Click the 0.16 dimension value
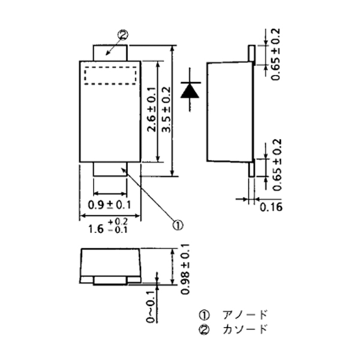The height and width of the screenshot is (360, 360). pos(271,207)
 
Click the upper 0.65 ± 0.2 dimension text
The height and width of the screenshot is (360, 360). pos(275,54)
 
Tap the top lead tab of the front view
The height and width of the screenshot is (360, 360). pos(110,52)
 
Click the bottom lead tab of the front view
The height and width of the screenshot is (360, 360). pos(110,169)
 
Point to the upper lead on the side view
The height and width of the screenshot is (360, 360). pos(251,53)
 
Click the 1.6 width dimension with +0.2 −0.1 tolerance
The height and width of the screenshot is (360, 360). pos(104,227)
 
